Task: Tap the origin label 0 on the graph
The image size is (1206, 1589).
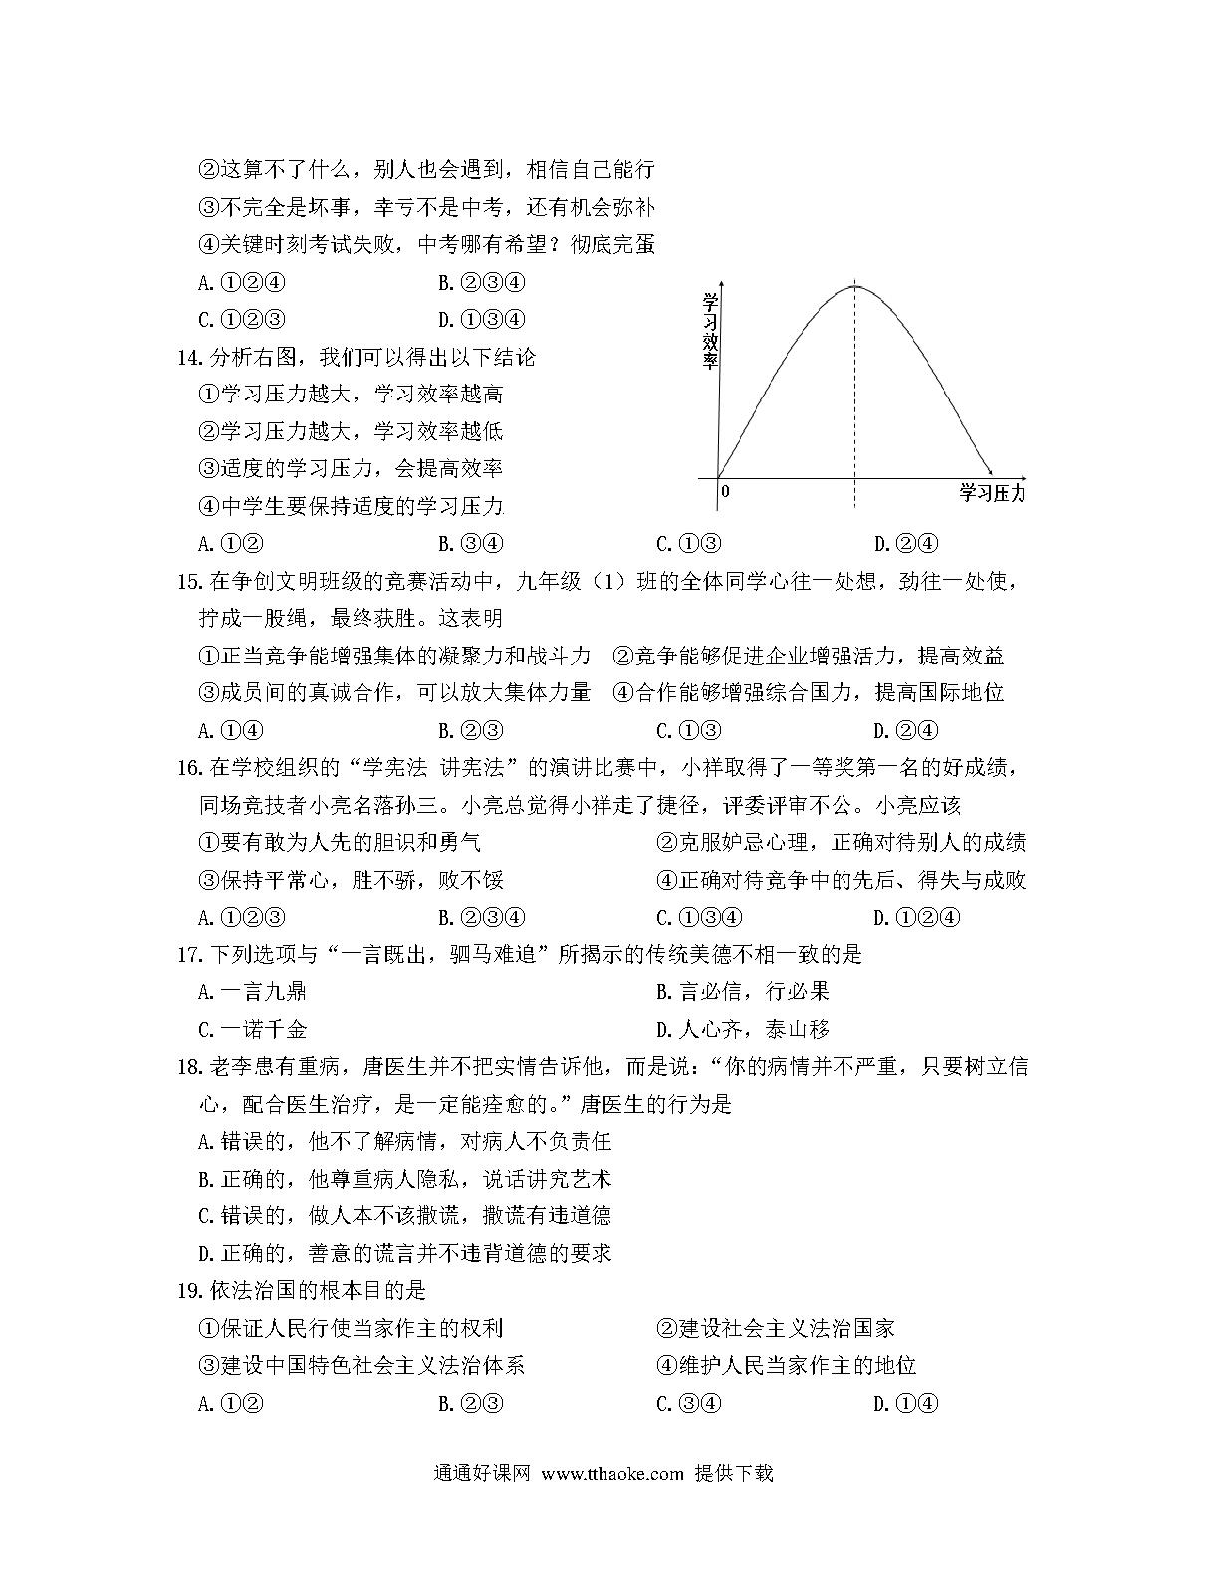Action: pos(725,491)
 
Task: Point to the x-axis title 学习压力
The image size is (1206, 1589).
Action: pos(990,492)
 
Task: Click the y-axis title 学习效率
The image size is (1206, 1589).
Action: pos(710,331)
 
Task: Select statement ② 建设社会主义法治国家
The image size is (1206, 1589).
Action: pos(776,1329)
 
